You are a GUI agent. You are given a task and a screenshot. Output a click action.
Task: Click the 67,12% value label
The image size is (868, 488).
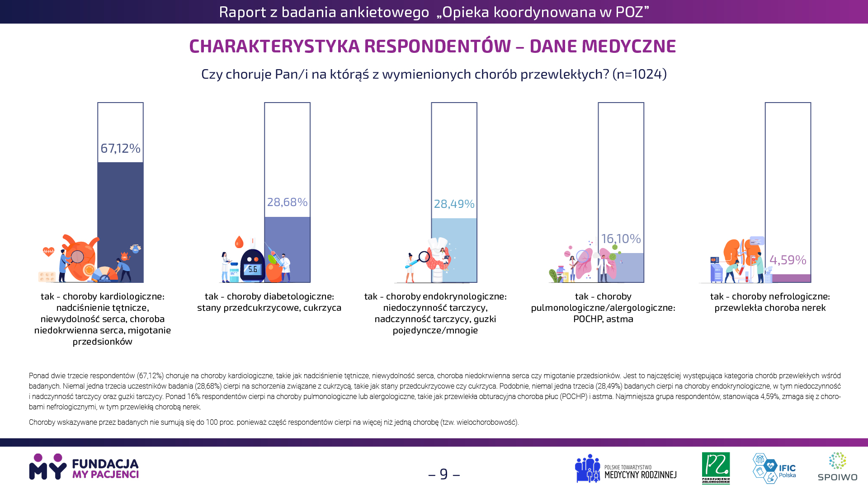120,148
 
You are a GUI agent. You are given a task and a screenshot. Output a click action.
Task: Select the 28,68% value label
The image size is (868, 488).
287,202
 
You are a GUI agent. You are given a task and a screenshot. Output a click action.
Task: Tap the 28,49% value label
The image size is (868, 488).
454,204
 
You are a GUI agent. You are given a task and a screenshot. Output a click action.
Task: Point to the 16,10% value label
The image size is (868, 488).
621,239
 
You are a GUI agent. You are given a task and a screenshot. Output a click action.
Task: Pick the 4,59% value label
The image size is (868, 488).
788,260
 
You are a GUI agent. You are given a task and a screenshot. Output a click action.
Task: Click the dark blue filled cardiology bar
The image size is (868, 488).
120,222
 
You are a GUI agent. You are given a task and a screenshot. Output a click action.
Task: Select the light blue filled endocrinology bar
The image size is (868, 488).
454,250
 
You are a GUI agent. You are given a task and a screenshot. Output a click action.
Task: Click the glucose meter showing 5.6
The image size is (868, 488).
252,266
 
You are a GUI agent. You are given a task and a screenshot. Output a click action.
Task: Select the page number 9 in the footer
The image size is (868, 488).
444,474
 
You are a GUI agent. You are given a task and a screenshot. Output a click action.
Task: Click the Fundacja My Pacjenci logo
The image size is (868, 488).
84,467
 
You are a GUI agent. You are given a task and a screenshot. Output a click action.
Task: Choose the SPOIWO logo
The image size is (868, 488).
837,467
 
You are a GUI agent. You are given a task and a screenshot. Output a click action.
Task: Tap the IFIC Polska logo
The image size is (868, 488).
774,469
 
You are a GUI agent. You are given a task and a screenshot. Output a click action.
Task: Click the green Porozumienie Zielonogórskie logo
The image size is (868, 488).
716,468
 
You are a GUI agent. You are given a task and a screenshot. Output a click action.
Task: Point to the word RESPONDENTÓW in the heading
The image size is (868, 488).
438,46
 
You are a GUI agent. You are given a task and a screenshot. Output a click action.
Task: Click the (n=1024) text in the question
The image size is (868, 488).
640,74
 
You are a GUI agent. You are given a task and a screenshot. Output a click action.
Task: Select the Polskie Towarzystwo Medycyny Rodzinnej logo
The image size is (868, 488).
626,469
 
